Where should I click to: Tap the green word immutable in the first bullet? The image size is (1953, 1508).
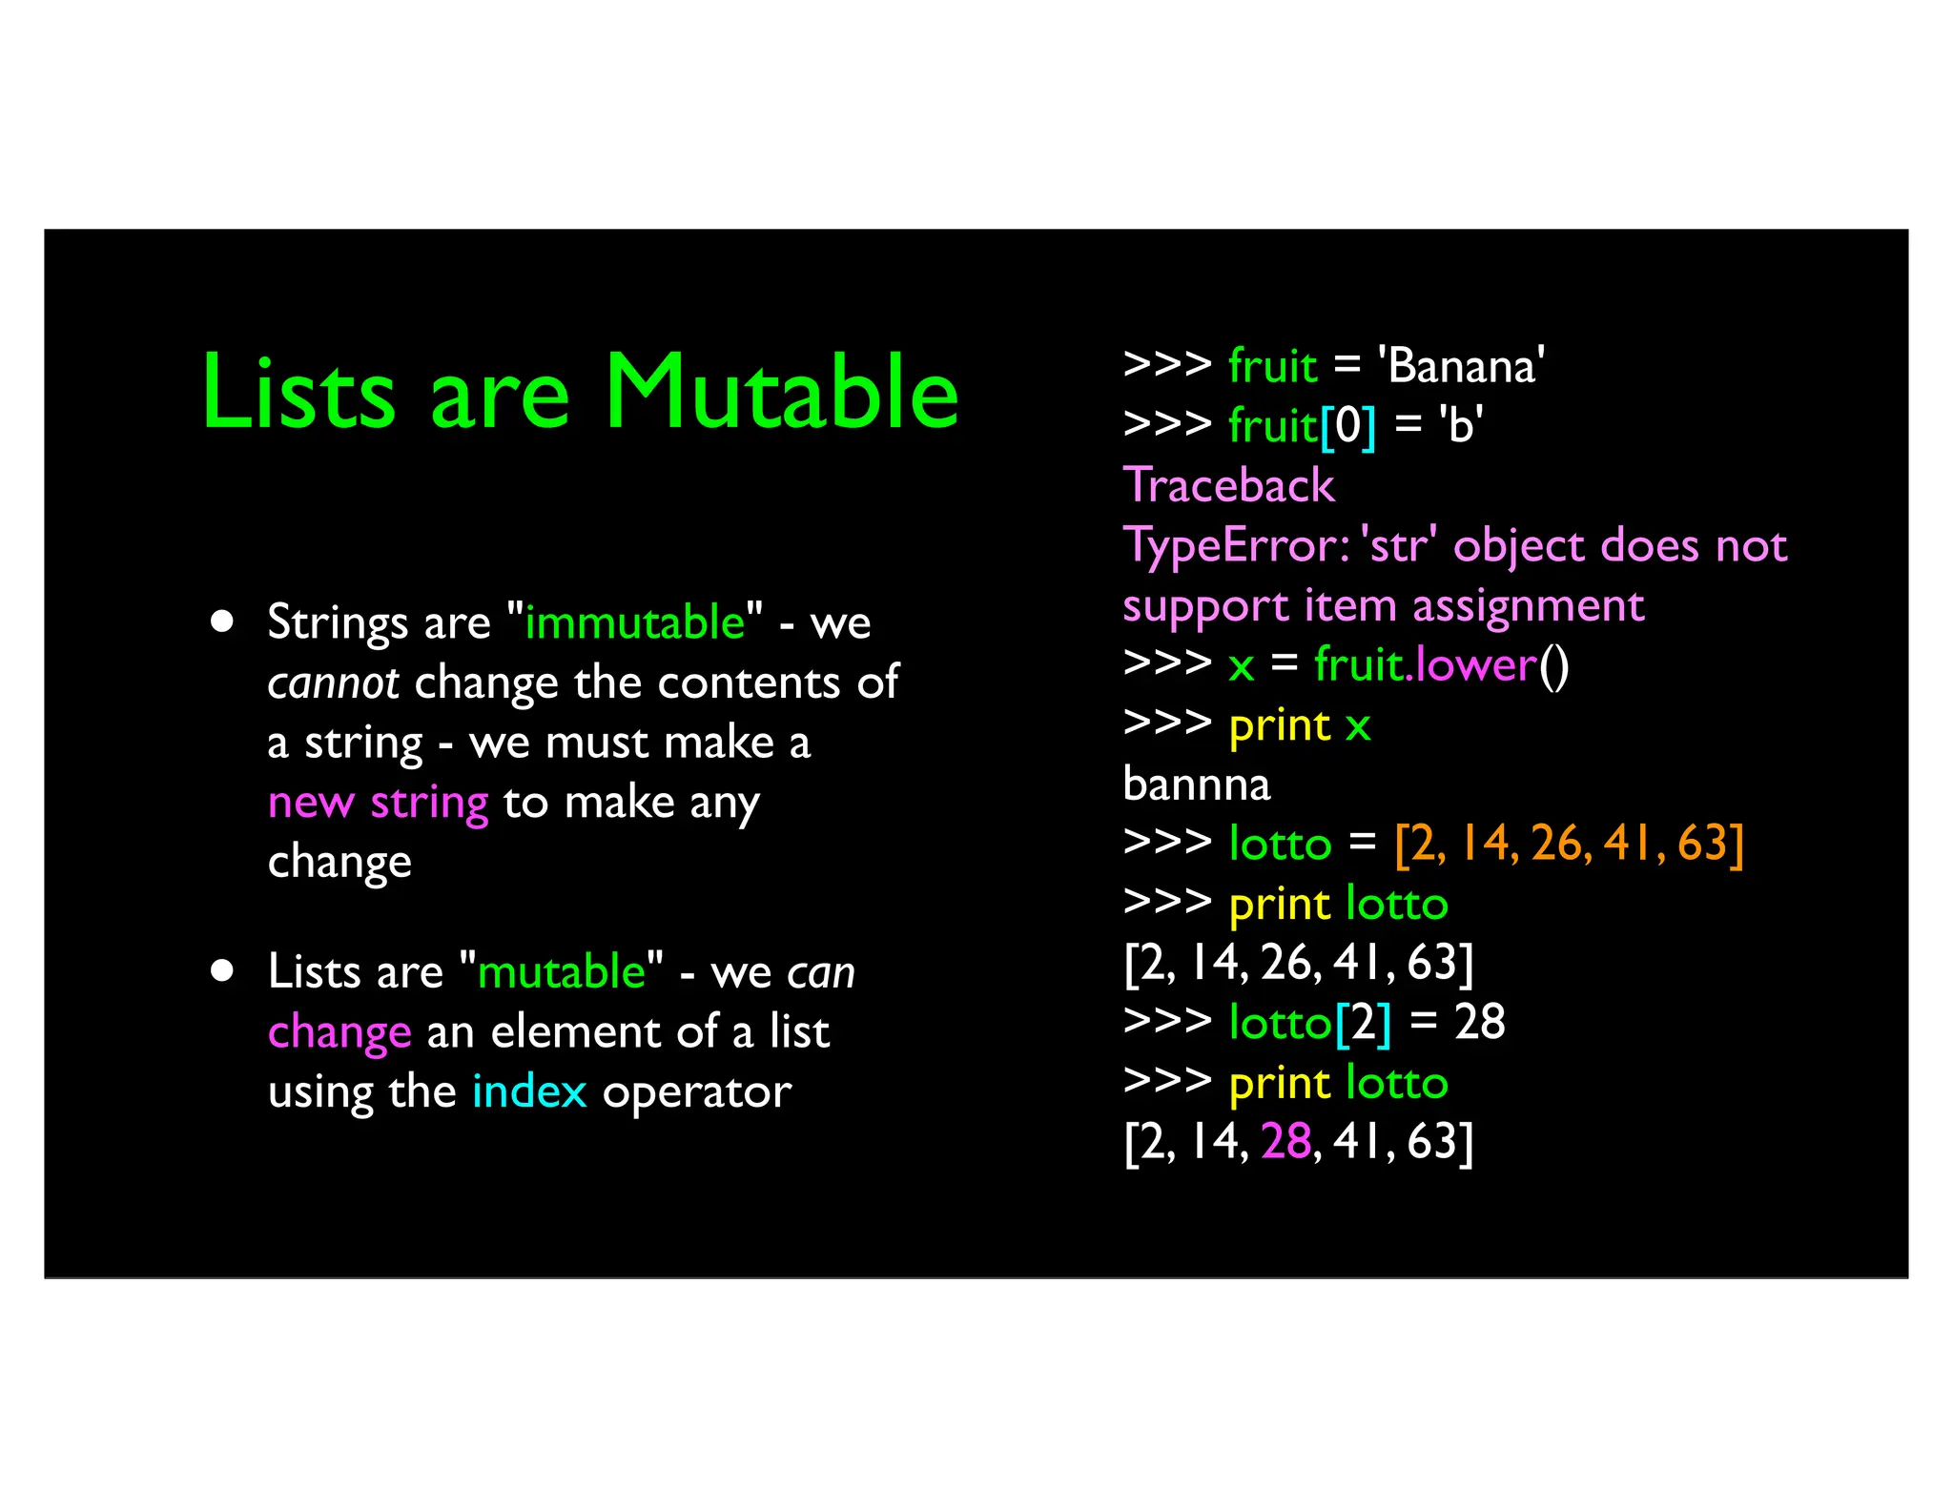click(x=634, y=622)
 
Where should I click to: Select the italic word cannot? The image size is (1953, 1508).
click(x=333, y=683)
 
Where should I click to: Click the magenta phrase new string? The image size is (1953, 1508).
click(x=378, y=802)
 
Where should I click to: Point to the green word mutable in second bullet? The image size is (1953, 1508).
click(x=562, y=971)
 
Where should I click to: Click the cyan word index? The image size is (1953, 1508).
click(x=529, y=1091)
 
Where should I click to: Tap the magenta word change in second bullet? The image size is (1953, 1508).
click(x=339, y=1032)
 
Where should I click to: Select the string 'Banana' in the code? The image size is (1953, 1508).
click(x=1461, y=366)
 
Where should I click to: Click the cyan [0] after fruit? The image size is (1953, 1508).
click(x=1347, y=425)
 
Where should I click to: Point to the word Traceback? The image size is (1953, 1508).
click(x=1228, y=485)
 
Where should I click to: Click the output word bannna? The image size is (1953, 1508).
click(x=1196, y=785)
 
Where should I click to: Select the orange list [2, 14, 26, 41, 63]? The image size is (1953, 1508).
click(x=1569, y=844)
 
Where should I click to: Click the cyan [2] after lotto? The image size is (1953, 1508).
click(x=1363, y=1022)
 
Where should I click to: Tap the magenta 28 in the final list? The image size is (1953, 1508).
click(x=1285, y=1141)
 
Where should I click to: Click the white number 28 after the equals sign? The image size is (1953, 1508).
click(x=1479, y=1022)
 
